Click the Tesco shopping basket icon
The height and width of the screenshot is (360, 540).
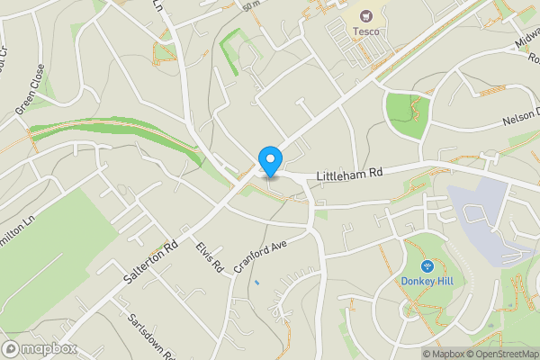click(x=365, y=15)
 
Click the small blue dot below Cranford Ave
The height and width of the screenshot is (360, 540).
click(x=256, y=283)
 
